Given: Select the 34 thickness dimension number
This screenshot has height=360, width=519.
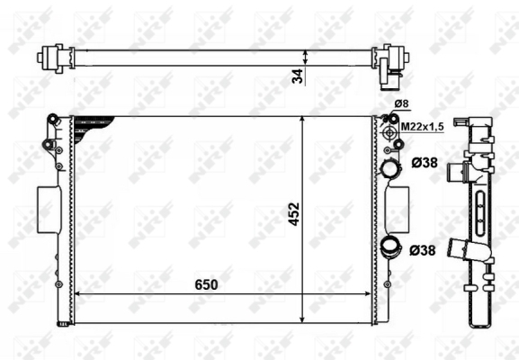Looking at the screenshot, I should point(298,76).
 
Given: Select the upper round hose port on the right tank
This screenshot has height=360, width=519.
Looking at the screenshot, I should point(390,168).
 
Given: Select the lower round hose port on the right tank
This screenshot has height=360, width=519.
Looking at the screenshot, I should point(391,247).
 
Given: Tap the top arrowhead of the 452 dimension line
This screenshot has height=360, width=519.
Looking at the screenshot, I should point(302,120).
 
